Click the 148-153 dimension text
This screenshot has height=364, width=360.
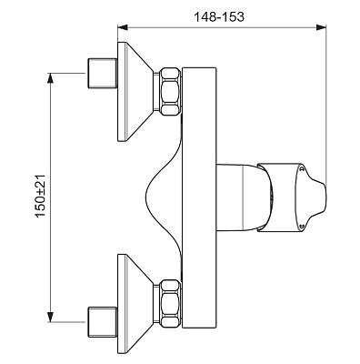pyautogui.click(x=219, y=17)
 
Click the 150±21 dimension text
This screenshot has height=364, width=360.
pyautogui.click(x=40, y=196)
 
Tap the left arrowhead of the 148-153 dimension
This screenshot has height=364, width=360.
pyautogui.click(x=123, y=27)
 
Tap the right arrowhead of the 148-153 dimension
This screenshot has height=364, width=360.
pyautogui.click(x=321, y=27)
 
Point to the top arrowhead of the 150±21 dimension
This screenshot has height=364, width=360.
pyautogui.click(x=51, y=78)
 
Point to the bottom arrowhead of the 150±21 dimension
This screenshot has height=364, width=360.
pyautogui.click(x=51, y=317)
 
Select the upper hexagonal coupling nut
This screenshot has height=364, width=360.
pyautogui.click(x=171, y=91)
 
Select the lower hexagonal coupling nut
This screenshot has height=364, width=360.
pyautogui.click(x=171, y=303)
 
